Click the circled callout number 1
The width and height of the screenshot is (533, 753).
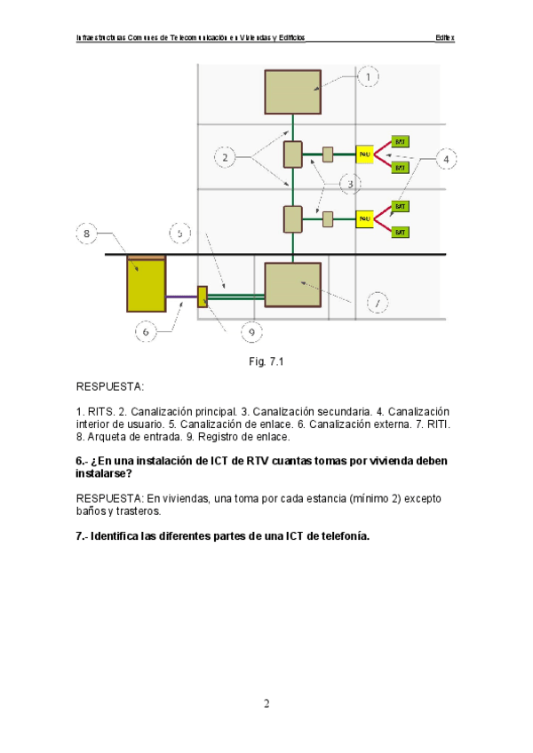pyautogui.click(x=369, y=77)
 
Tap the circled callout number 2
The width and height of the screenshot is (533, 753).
pyautogui.click(x=226, y=158)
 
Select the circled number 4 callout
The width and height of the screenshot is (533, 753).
pyautogui.click(x=448, y=159)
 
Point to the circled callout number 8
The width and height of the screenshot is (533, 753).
pyautogui.click(x=86, y=234)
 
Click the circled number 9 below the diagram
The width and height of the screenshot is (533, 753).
pyautogui.click(x=251, y=332)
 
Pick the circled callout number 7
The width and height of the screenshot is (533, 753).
pyautogui.click(x=377, y=304)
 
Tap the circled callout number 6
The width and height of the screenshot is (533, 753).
pyautogui.click(x=147, y=331)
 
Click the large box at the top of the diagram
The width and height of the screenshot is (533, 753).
pyautogui.click(x=292, y=90)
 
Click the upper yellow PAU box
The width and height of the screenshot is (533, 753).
pyautogui.click(x=364, y=154)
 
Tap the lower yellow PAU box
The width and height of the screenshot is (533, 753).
pyautogui.click(x=364, y=218)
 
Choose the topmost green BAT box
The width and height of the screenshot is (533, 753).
pyautogui.click(x=400, y=141)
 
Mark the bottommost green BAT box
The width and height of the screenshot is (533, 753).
pyautogui.click(x=400, y=232)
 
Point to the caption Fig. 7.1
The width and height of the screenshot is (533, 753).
pyautogui.click(x=266, y=361)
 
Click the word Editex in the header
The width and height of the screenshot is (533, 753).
pyautogui.click(x=444, y=38)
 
